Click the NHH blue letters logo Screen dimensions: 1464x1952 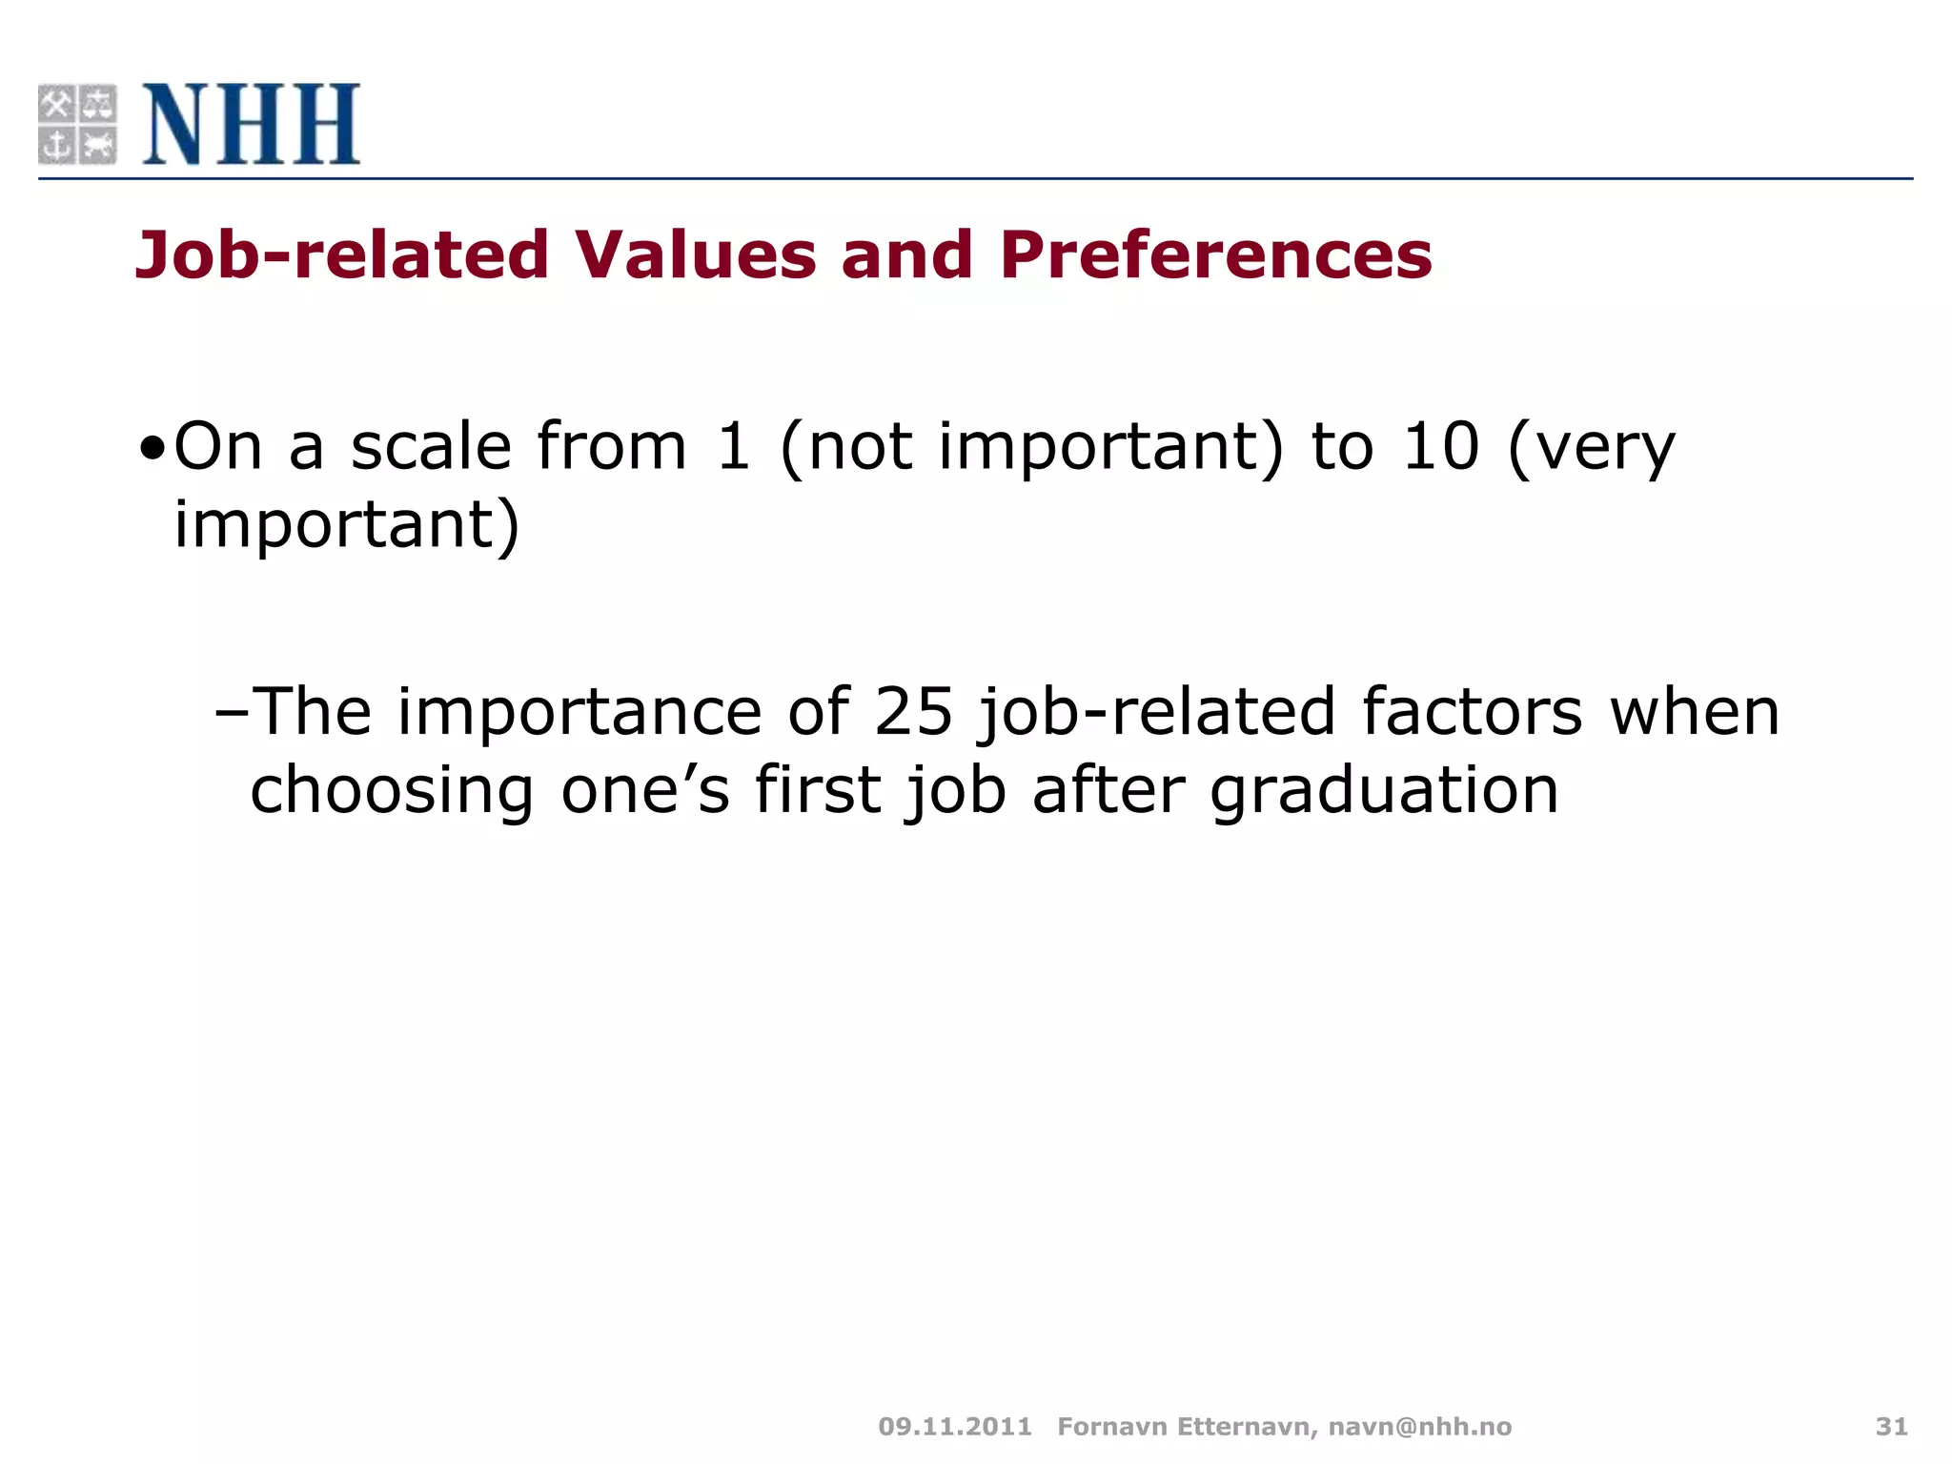click(x=251, y=124)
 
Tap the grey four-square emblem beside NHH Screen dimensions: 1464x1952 click(x=77, y=124)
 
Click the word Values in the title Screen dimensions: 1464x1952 click(x=695, y=255)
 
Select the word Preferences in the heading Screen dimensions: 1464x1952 click(x=1215, y=255)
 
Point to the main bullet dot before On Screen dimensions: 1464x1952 click(x=152, y=448)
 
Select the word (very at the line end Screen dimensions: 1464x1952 click(x=1591, y=448)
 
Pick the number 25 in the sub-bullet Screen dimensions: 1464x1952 click(x=913, y=712)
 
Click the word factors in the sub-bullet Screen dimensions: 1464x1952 click(x=1472, y=712)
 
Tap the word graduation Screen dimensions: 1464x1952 click(x=1384, y=791)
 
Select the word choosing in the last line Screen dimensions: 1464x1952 click(x=392, y=791)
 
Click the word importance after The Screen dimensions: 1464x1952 click(x=579, y=712)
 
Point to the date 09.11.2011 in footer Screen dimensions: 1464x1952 click(x=955, y=1427)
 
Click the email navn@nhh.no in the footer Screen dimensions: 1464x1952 click(x=1420, y=1427)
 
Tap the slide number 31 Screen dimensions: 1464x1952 click(x=1891, y=1427)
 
